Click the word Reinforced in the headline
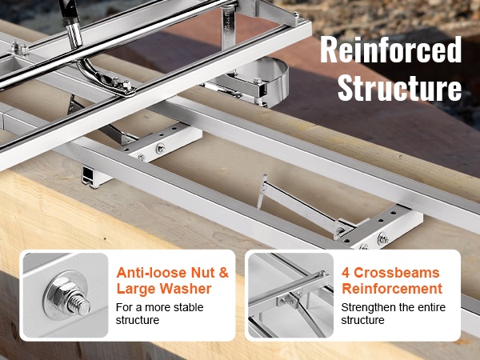pos(391,50)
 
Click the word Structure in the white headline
pos(399,87)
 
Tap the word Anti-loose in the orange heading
pos(151,273)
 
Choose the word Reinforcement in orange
pos(392,289)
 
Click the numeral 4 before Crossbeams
pos(346,273)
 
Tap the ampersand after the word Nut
pos(224,273)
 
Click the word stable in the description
pos(189,307)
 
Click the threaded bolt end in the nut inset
pos(79,303)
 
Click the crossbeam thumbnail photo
pos(290,295)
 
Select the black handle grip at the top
pos(69,12)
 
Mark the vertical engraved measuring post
pos(228,29)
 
